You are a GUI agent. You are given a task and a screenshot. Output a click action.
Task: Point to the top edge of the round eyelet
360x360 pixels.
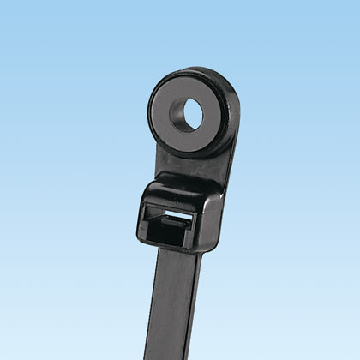tap(190, 71)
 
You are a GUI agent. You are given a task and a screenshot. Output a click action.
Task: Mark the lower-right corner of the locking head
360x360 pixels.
tap(206, 249)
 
